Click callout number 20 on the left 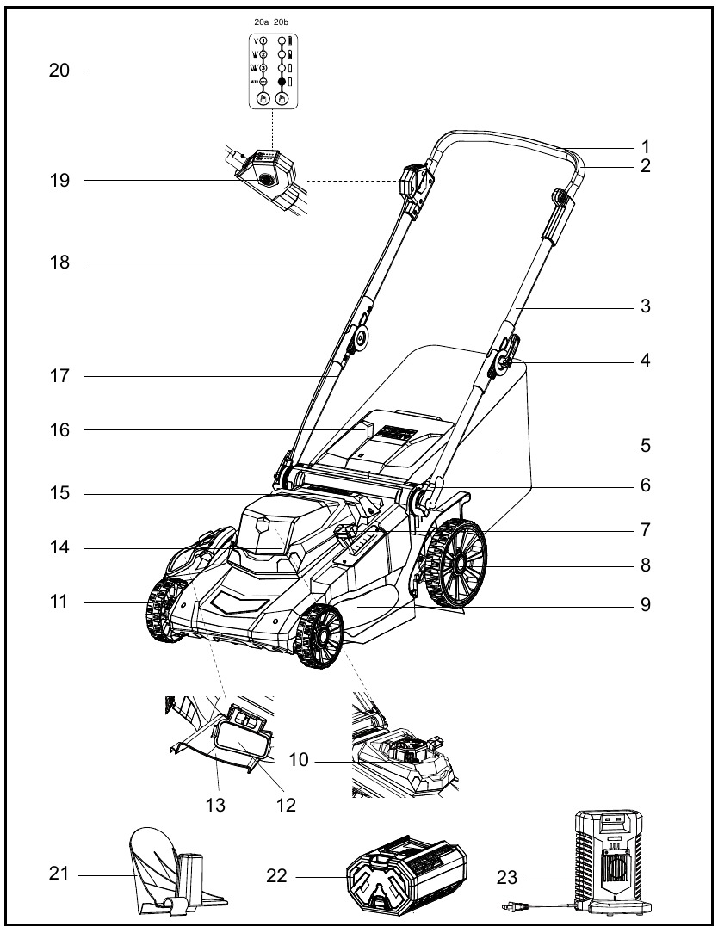[x=59, y=71]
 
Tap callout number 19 [x=59, y=181]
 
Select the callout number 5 [x=646, y=447]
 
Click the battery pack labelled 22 [x=404, y=874]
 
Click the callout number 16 [x=59, y=429]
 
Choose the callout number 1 [x=646, y=146]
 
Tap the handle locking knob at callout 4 [x=501, y=365]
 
